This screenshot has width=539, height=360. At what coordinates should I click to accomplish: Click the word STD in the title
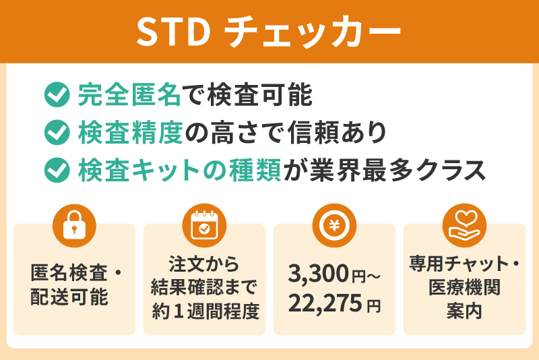click(x=172, y=32)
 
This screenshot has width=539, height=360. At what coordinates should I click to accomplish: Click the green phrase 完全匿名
click(x=129, y=95)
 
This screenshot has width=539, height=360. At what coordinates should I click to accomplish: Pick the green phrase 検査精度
click(x=129, y=132)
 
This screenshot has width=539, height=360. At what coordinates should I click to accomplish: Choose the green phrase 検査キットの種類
click(x=181, y=169)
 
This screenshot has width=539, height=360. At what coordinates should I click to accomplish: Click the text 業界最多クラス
click(x=398, y=169)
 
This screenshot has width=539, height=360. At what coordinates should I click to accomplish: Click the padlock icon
click(x=74, y=224)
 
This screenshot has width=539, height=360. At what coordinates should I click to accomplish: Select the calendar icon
click(x=204, y=224)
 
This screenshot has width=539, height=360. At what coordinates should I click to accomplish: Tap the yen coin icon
click(x=334, y=224)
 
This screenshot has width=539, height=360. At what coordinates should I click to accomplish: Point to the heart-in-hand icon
click(x=464, y=224)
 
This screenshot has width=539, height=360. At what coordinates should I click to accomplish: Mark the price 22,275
click(x=323, y=304)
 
